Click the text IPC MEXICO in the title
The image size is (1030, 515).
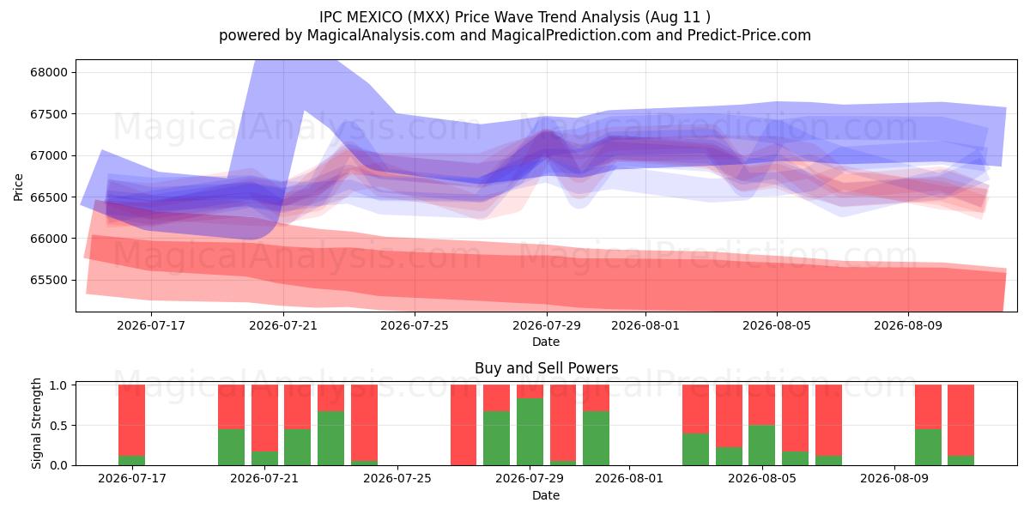point(361,17)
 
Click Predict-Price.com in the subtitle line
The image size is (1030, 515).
point(749,35)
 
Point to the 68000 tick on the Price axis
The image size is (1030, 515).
point(49,73)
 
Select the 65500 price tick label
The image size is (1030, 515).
point(49,281)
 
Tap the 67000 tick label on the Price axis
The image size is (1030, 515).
point(49,156)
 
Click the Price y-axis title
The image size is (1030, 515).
point(18,187)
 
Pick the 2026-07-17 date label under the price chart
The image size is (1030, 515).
point(151,325)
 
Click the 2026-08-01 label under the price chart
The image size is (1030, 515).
point(645,325)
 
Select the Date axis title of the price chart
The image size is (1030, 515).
point(546,342)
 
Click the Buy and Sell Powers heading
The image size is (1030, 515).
point(546,368)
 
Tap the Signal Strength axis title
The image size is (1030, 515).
point(36,423)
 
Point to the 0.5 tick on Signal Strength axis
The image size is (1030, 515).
point(58,426)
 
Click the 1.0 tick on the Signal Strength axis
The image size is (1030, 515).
point(58,385)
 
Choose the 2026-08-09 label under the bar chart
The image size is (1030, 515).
point(894,479)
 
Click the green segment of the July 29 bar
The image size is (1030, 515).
point(530,432)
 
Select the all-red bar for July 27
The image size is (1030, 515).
point(463,425)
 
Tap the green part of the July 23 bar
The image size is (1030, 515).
point(330,439)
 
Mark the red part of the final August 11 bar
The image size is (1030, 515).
point(960,421)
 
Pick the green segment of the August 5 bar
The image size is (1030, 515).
point(761,445)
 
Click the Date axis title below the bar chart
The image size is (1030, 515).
point(546,496)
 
